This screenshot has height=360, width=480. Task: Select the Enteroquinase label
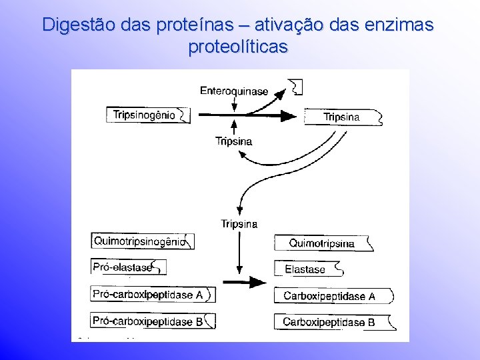pos(233,91)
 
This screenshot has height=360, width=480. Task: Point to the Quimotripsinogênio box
pos(142,241)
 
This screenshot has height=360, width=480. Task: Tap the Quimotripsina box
pos(324,243)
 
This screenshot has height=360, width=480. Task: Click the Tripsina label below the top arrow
pos(233,141)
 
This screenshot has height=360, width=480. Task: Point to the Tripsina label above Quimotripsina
pos(239,223)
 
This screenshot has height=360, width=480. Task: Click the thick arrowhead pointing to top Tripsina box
pos(287,115)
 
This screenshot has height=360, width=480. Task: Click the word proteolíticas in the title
pos(238,47)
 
